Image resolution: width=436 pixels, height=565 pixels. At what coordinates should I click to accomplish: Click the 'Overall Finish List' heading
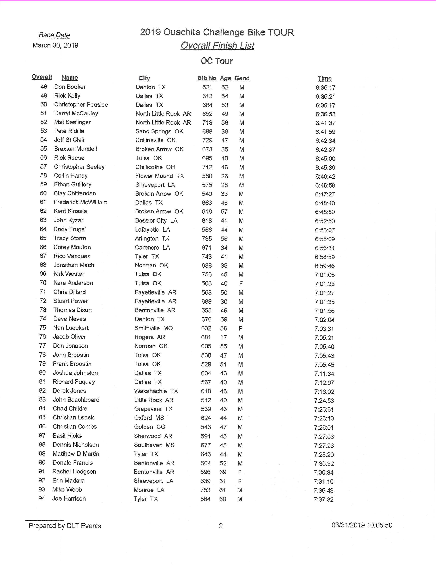217,46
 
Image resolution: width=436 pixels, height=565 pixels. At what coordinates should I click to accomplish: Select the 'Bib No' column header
207,78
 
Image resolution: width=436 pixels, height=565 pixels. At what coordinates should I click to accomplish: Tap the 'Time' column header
325,78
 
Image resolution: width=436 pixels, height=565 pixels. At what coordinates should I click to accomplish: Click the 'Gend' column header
242,78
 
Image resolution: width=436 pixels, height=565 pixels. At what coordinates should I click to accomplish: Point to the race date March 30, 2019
55,46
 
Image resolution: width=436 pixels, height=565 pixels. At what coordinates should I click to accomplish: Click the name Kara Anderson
73,283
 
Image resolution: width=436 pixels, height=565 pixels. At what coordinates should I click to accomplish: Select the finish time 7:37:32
324,499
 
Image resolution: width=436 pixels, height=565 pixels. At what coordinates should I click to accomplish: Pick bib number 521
207,87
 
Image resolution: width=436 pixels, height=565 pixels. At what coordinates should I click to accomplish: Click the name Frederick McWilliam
80,202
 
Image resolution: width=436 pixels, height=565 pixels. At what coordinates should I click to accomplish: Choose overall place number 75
43,328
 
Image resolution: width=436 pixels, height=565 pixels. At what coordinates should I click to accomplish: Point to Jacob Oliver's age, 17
224,337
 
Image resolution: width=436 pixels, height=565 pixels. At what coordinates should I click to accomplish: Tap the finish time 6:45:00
325,159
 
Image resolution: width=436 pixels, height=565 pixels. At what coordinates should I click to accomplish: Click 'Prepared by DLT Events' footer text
65,526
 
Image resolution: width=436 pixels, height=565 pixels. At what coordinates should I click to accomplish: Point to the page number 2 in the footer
221,526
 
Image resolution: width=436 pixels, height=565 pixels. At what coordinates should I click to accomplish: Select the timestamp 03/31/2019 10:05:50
362,525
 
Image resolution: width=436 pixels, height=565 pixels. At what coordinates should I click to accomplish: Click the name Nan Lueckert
71,328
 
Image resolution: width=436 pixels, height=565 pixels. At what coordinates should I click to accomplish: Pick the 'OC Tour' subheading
217,61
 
